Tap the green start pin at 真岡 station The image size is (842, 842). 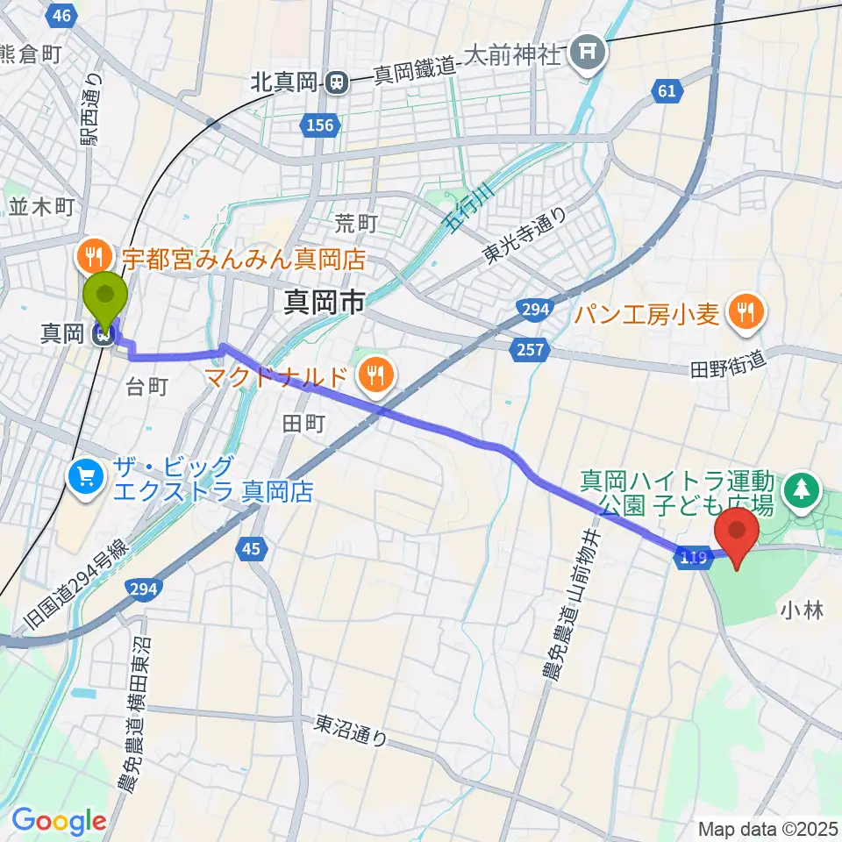(105, 298)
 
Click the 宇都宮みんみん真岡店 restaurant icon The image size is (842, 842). (93, 256)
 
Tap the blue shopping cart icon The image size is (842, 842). (86, 478)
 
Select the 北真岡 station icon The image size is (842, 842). (336, 83)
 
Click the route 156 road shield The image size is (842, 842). (320, 125)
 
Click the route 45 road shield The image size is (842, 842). (251, 549)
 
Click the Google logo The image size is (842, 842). (59, 821)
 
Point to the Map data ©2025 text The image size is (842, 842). (767, 828)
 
